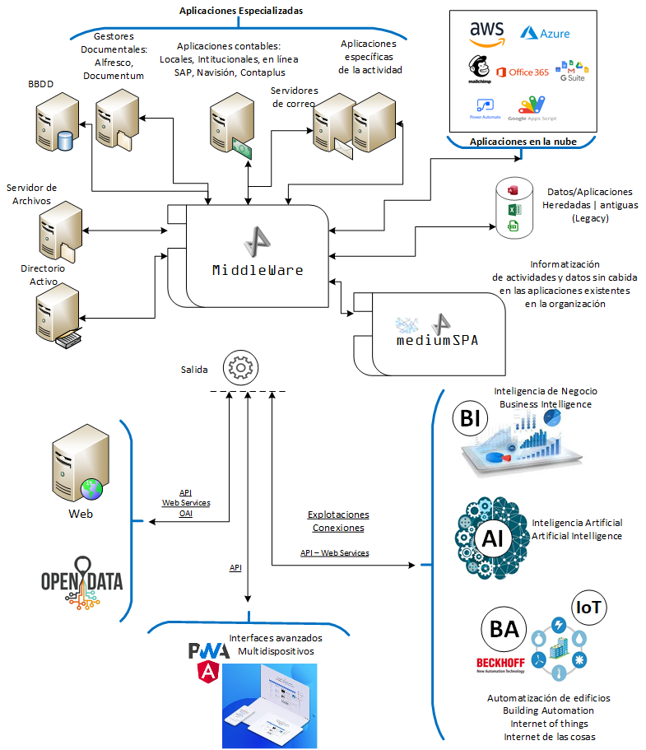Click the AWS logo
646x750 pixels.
[487, 34]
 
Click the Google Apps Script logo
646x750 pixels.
[532, 109]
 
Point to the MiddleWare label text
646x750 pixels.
[258, 269]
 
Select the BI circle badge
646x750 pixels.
[470, 420]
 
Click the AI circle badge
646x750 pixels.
[494, 539]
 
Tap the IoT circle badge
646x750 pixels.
[589, 609]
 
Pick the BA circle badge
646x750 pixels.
[504, 630]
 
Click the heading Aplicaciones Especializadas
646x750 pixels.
[241, 11]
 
